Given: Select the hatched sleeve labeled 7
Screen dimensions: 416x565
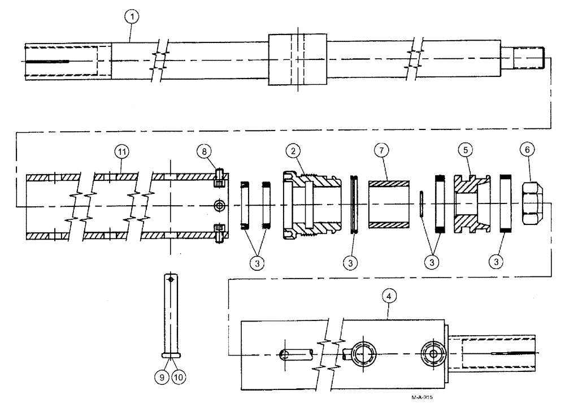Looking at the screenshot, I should (x=389, y=204).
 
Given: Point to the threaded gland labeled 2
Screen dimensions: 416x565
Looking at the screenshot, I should (x=311, y=203).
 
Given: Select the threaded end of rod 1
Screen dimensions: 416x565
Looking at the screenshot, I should (x=530, y=58).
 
